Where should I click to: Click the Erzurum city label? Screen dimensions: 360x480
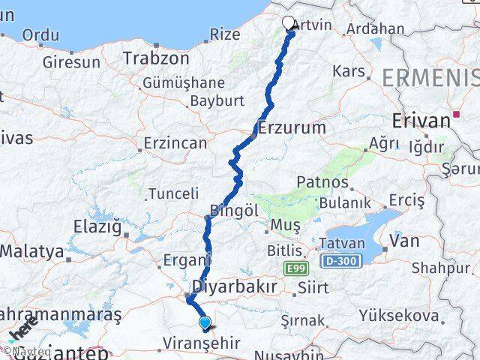(x=292, y=128)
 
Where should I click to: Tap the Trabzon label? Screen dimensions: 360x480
(x=156, y=58)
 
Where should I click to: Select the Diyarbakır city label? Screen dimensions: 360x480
(x=235, y=286)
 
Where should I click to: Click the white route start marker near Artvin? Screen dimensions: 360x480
(x=290, y=22)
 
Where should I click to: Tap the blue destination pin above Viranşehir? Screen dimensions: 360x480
(x=205, y=323)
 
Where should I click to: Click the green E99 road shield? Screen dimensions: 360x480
(x=295, y=266)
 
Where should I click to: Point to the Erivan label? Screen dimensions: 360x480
(x=417, y=120)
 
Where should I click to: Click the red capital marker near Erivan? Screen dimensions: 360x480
(x=454, y=115)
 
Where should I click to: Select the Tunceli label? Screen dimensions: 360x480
(x=173, y=193)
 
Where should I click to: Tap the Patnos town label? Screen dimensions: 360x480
(x=322, y=182)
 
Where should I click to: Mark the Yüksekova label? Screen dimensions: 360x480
(x=413, y=316)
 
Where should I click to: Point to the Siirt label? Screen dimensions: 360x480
(x=313, y=286)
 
